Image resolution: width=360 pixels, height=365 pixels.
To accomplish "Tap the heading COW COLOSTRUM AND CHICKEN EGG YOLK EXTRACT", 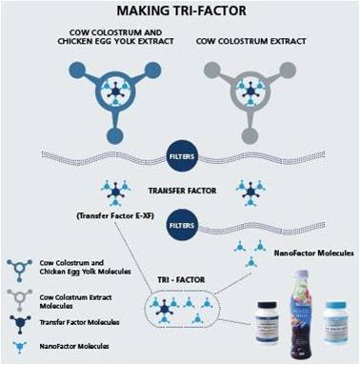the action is pos(98,37).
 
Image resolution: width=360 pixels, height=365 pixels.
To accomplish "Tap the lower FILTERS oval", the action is pos(179,227).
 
